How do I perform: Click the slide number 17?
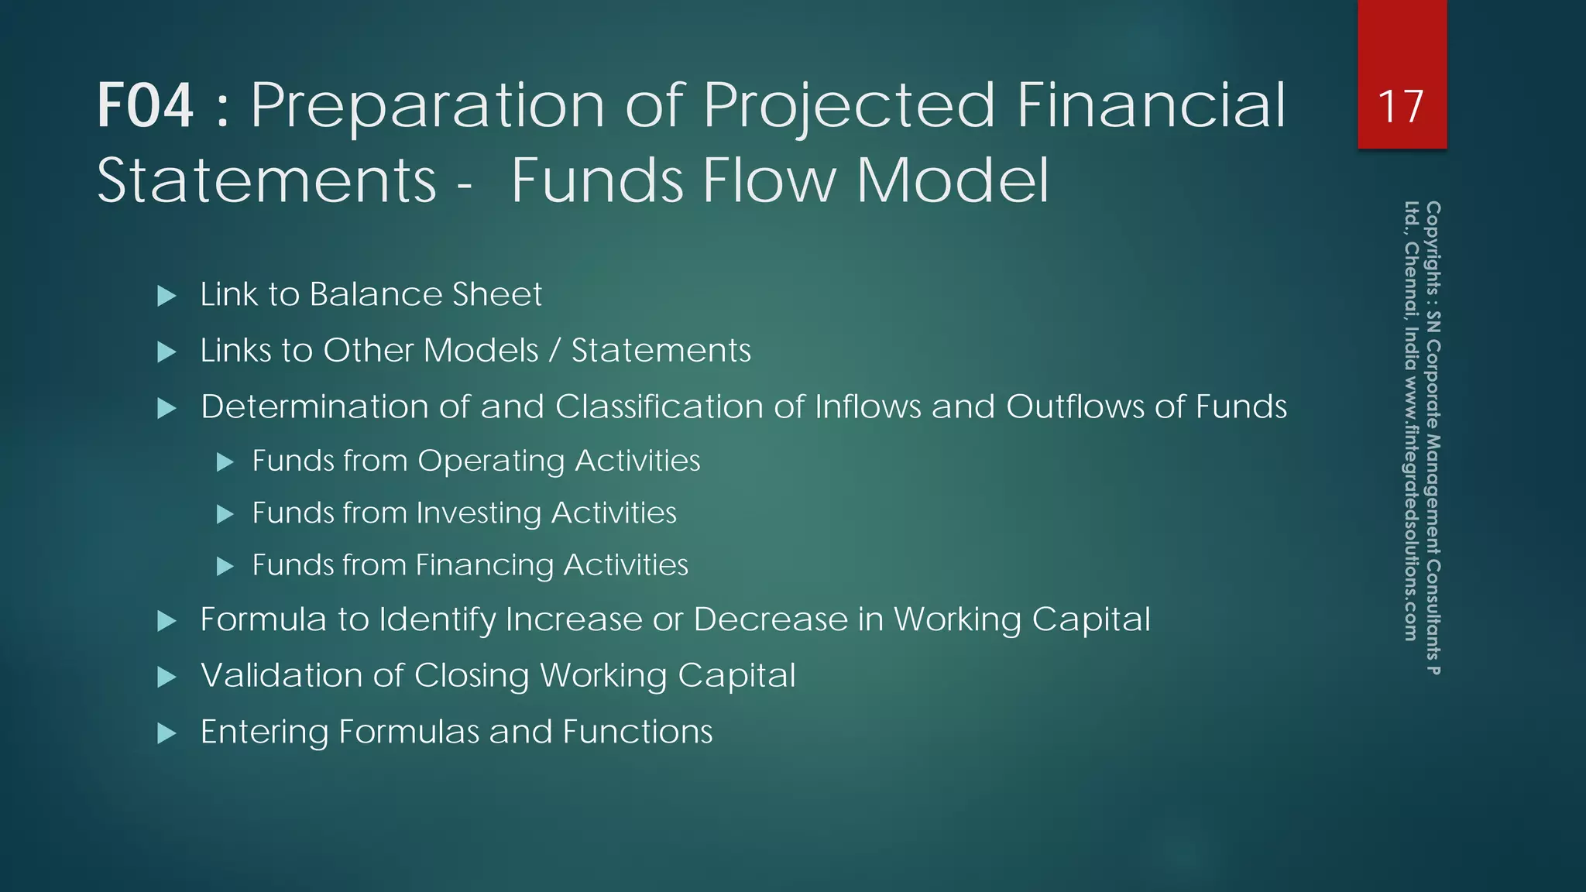(x=1401, y=107)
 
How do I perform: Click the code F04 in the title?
(x=145, y=106)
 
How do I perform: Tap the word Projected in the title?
(x=849, y=106)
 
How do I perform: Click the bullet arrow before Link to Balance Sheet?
(x=166, y=296)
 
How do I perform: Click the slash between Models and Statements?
(x=554, y=351)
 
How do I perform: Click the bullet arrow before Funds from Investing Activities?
(x=225, y=514)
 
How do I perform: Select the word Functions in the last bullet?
(x=637, y=732)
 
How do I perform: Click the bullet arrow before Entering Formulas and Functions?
(x=166, y=733)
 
